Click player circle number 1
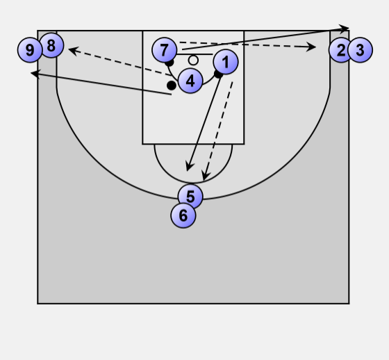point(226,62)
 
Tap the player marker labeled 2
point(341,50)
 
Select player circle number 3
point(360,50)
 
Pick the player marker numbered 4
point(190,81)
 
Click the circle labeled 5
point(190,197)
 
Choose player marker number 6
point(183,215)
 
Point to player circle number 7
point(164,50)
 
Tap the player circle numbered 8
point(51,45)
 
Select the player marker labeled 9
point(30,50)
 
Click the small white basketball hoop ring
point(193,60)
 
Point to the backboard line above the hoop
point(194,54)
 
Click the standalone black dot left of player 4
point(172,85)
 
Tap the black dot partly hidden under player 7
point(169,63)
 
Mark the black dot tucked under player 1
point(218,74)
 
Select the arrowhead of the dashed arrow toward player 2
point(315,47)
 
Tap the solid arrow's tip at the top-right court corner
point(349,28)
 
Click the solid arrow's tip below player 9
point(31,73)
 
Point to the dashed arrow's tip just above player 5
point(204,181)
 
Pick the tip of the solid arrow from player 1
point(188,171)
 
